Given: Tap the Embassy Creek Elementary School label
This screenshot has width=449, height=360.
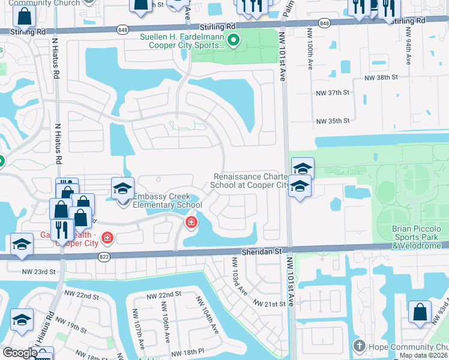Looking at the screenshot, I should click(167, 200).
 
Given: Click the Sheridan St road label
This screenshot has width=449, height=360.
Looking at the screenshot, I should click(262, 253).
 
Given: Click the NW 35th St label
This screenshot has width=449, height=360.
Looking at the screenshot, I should click(333, 121).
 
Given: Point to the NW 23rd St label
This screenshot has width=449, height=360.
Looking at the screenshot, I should click(38, 272).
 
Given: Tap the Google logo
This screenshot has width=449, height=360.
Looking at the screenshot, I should click(20, 353).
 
